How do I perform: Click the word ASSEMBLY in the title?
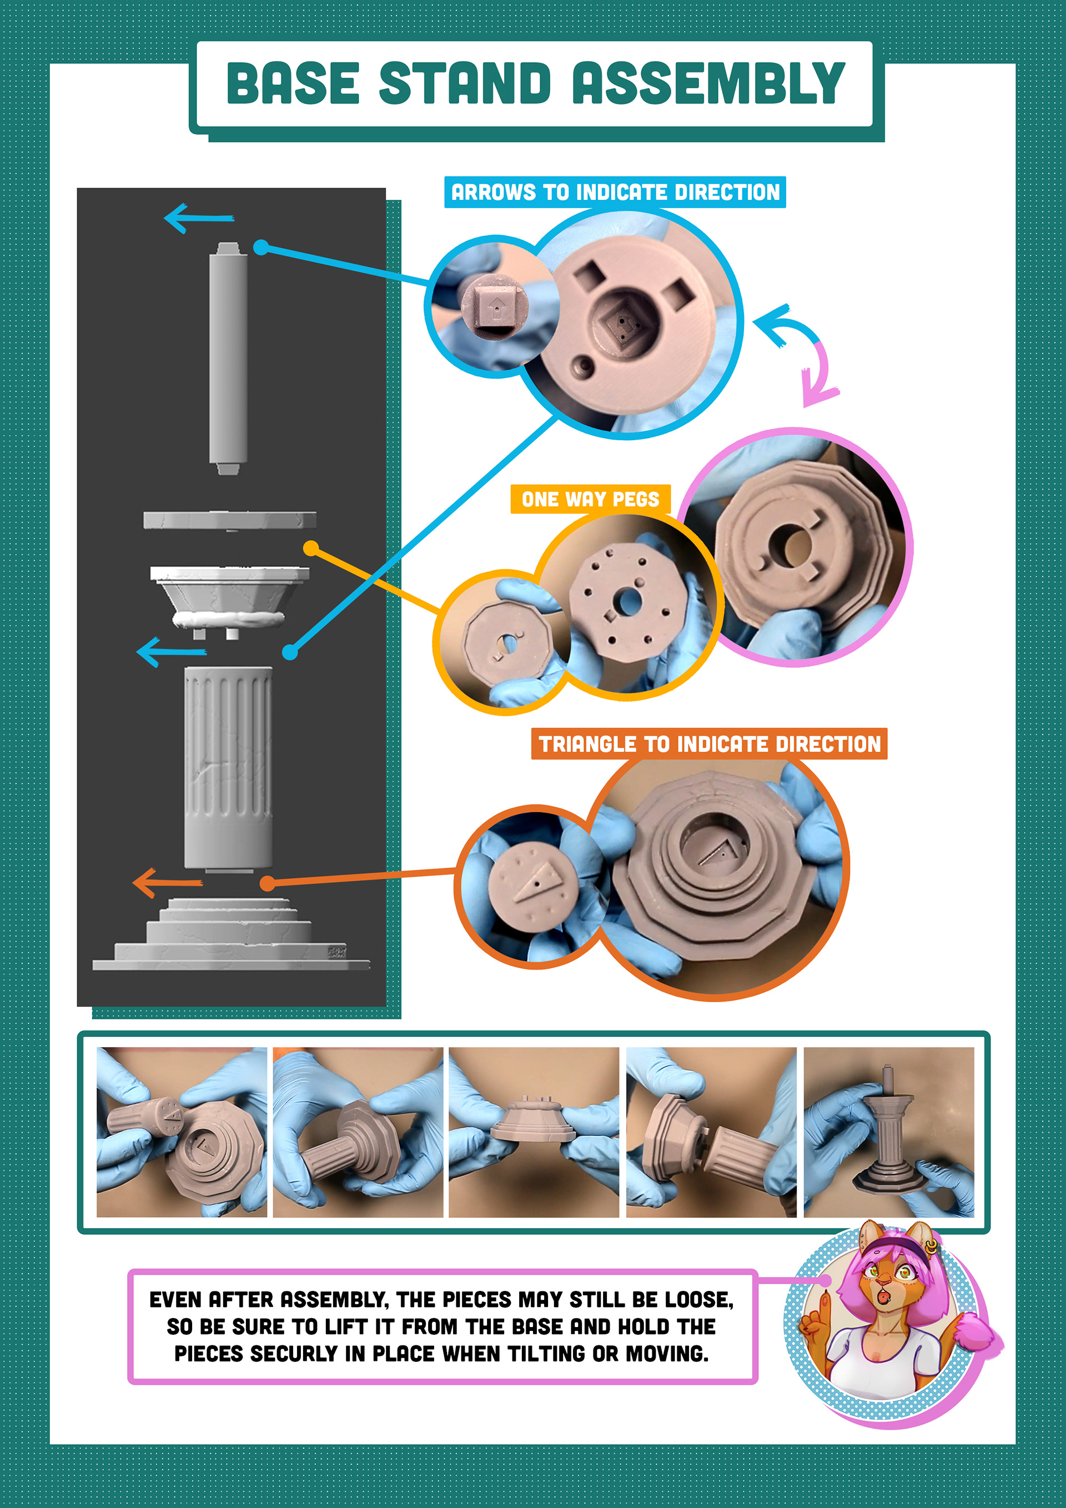708,83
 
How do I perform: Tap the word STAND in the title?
465,83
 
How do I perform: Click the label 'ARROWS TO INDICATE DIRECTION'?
615,193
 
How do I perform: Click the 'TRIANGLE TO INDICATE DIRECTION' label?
710,744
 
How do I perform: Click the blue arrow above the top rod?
198,218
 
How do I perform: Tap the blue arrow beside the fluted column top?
171,651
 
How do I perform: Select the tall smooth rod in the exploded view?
228,358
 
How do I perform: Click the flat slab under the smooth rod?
230,520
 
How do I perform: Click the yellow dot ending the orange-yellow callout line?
311,548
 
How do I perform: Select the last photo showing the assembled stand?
889,1132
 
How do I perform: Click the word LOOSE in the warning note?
698,1300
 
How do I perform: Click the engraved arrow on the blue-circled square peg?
496,306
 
